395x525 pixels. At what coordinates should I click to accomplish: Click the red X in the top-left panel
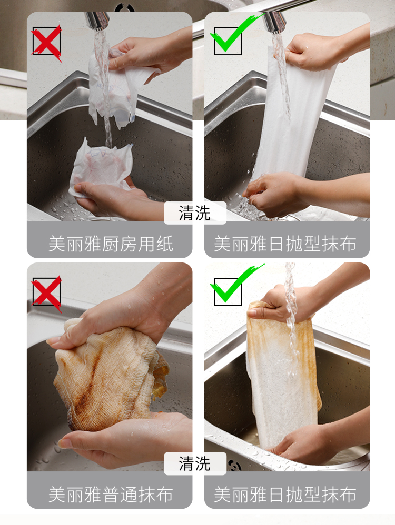[46, 43]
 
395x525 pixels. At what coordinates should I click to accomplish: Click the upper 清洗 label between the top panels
[194, 213]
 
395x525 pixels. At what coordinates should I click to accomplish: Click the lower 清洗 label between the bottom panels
[194, 464]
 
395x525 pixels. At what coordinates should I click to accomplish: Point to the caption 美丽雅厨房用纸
[111, 244]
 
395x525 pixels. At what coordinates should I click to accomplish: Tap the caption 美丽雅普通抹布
[111, 494]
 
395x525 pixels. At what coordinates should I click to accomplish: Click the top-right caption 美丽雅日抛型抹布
[285, 244]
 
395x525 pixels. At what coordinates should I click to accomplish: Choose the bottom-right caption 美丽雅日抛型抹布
[285, 494]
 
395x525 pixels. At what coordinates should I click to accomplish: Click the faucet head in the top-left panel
[97, 21]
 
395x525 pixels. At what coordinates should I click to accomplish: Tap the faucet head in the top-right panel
[275, 22]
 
